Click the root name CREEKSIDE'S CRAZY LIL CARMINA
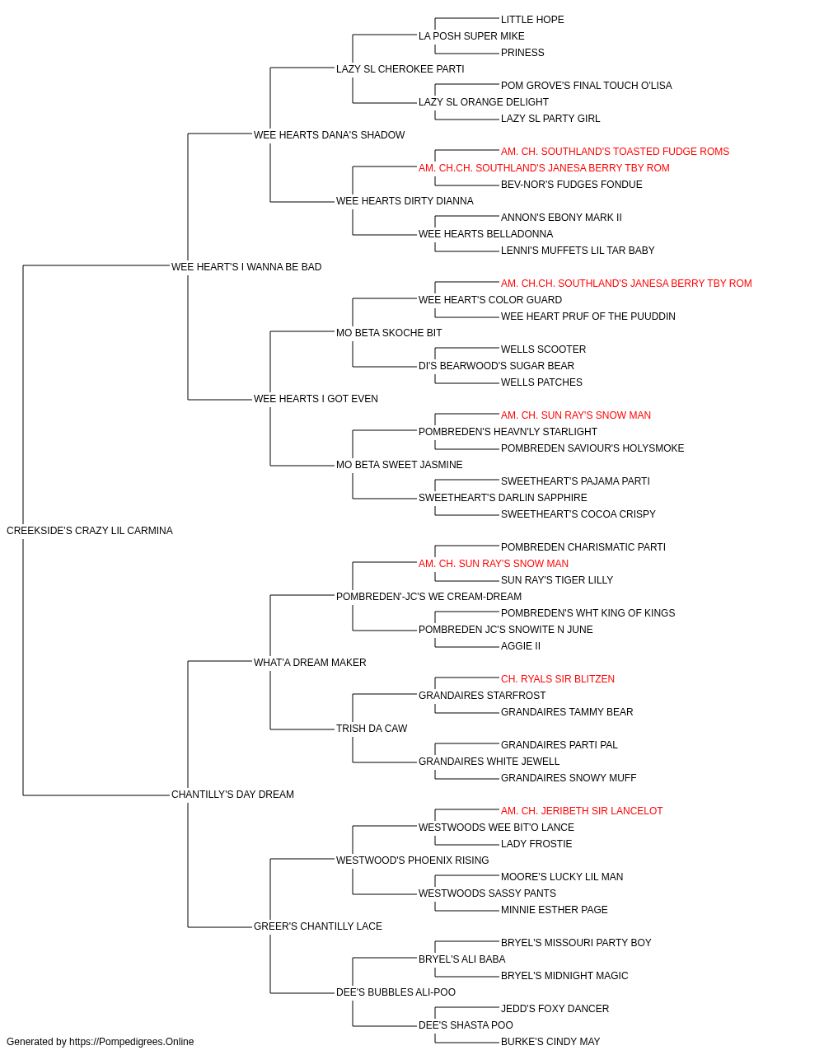point(90,531)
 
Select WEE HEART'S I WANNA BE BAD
point(246,267)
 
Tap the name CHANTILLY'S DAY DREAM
point(232,795)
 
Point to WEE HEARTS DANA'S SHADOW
point(329,135)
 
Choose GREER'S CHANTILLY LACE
point(318,926)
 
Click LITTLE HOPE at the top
point(532,20)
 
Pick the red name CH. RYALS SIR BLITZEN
point(558,678)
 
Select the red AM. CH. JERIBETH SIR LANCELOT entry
point(582,811)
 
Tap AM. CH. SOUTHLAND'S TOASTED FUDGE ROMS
point(615,152)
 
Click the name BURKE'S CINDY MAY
point(550,1042)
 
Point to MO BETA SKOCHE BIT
point(389,333)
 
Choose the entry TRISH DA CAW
point(372,729)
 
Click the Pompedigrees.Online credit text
point(100,1042)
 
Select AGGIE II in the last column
point(521,645)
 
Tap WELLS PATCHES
point(541,382)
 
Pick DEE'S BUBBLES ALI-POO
point(396,992)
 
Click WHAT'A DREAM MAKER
point(310,662)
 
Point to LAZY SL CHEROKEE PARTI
point(400,69)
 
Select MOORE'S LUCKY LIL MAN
point(562,877)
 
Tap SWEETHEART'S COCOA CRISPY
point(578,514)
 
